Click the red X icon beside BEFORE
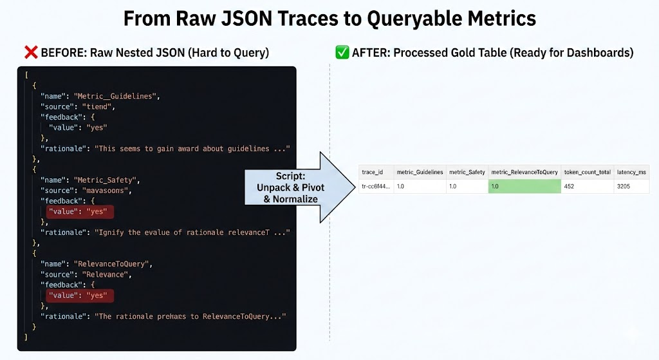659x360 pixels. (31, 53)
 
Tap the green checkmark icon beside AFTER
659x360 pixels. (342, 53)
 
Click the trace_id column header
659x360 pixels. (373, 172)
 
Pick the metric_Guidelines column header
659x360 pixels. (420, 172)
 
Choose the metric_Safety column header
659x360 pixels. (467, 172)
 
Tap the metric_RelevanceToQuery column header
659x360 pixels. (524, 172)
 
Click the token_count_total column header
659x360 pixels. (587, 172)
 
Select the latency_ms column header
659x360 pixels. (631, 172)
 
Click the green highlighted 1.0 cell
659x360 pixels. (524, 186)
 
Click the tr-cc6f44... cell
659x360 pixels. (376, 186)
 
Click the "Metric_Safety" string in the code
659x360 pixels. (105, 180)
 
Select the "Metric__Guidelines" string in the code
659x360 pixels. (116, 97)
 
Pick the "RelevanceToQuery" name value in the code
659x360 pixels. (111, 264)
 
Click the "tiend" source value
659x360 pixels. (97, 107)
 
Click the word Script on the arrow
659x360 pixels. (290, 176)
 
